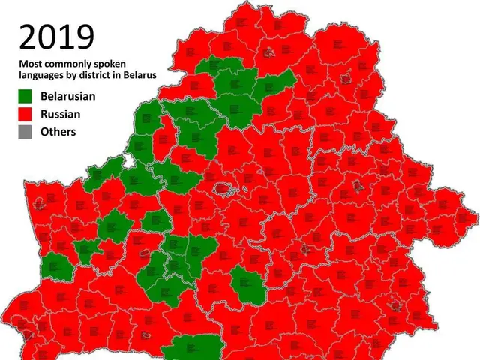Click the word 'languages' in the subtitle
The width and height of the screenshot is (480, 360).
pyautogui.click(x=43, y=76)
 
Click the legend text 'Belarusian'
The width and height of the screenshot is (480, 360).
pyautogui.click(x=68, y=96)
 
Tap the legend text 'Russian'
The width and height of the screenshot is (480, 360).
pyautogui.click(x=61, y=115)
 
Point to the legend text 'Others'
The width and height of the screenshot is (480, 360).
pyautogui.click(x=58, y=133)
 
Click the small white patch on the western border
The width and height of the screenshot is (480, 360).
pyautogui.click(x=130, y=161)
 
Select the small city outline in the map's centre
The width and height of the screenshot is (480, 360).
pyautogui.click(x=224, y=188)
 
